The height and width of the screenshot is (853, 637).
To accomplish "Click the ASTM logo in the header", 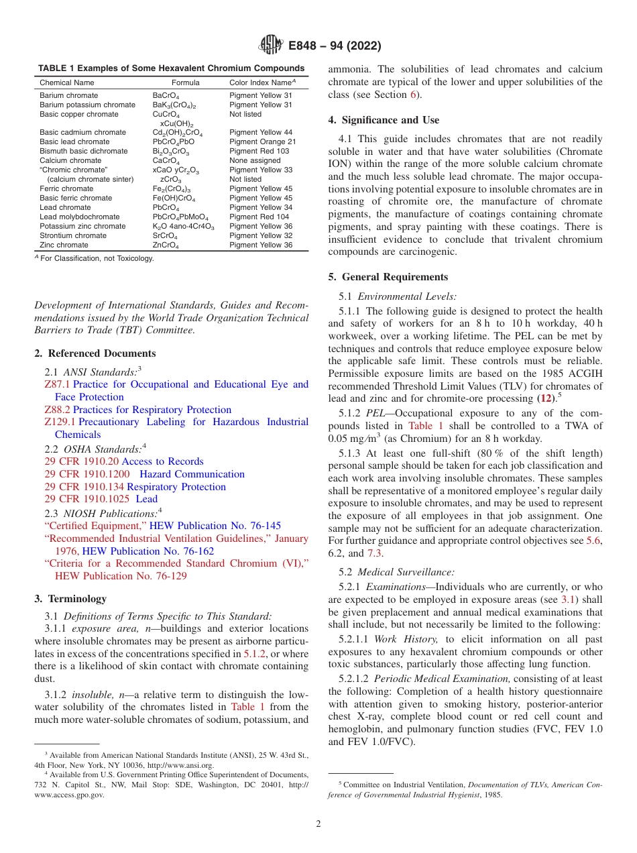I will point(270,46).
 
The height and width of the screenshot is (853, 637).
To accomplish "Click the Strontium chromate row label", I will point(72,235).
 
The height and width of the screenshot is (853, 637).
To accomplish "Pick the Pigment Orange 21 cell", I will point(262,141).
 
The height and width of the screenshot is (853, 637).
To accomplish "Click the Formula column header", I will point(185,82).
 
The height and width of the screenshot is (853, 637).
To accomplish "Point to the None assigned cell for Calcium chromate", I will point(255,160).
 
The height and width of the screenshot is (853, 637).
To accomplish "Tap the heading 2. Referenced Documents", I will point(95,353).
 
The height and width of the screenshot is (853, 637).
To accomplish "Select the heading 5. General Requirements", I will point(388,277).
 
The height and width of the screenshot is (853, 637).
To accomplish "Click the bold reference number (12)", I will point(548,398).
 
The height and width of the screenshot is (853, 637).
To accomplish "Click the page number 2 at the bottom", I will point(318,823).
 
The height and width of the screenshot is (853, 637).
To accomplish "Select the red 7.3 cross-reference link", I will point(374,553).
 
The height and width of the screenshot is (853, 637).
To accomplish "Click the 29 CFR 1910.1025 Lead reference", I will point(101,499).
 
